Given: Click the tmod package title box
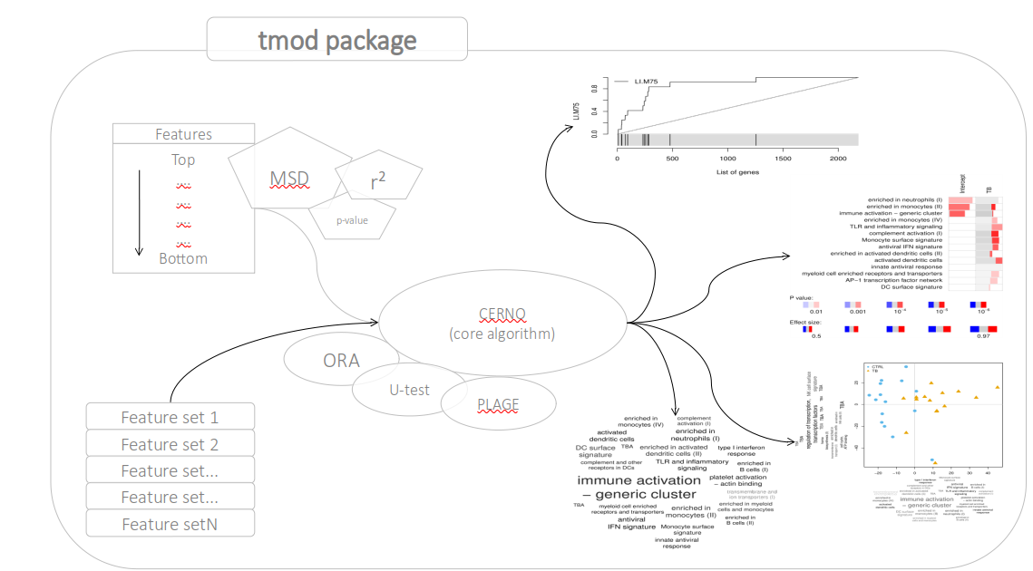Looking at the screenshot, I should [x=337, y=41].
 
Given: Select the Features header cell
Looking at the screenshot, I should [x=183, y=134].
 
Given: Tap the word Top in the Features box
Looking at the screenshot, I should [x=183, y=160].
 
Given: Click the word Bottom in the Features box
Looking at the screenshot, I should [x=183, y=258].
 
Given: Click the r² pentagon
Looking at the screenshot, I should [x=378, y=181].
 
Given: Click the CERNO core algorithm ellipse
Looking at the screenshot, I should [x=502, y=324].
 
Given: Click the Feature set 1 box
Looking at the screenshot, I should [x=170, y=418].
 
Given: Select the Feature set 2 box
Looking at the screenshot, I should [x=170, y=444].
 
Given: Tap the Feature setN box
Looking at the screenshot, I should [x=170, y=524].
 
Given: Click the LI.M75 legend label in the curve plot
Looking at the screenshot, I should [x=648, y=82].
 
